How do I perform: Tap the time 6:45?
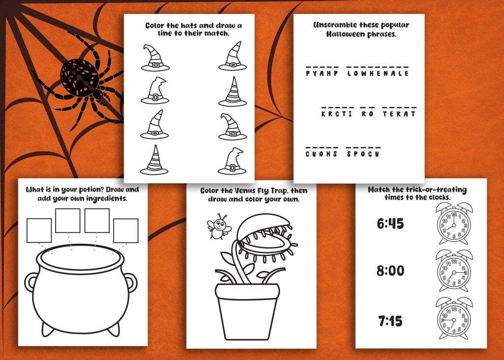coord(390,223)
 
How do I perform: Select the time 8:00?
coord(390,270)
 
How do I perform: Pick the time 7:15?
coord(390,321)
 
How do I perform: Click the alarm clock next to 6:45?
coord(454,223)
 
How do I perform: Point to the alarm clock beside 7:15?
coord(454,318)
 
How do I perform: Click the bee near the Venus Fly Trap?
coord(219,226)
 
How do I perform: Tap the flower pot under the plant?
coord(247,311)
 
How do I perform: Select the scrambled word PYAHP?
coord(322,73)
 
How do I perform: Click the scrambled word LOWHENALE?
coord(378,73)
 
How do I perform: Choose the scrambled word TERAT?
coord(399,114)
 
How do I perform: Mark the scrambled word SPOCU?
coord(363,154)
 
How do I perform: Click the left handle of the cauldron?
coord(31,282)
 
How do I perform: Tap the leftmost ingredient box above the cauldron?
coord(39,230)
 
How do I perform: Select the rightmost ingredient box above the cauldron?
coord(126,230)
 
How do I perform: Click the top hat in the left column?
coord(155,58)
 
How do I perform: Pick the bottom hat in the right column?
coord(232,162)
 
